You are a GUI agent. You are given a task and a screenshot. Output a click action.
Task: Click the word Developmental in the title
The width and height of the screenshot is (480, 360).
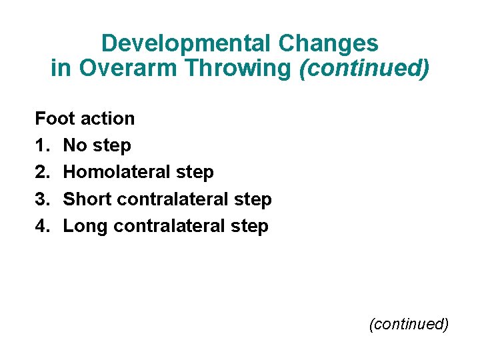pos(183,44)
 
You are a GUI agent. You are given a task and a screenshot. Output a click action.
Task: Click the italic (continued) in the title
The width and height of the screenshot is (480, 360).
pos(364,69)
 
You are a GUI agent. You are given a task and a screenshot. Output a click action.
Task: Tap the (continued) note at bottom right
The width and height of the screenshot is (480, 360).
pos(409,324)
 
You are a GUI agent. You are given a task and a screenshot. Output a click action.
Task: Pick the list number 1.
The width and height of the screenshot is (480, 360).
pos(42,145)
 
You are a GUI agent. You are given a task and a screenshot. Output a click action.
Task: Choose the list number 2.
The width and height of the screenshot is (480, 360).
pos(42,172)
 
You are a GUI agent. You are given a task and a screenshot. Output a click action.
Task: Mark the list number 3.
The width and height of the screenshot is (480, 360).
pos(42,199)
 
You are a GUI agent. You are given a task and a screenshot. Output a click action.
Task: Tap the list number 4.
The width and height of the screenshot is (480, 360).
pos(42,226)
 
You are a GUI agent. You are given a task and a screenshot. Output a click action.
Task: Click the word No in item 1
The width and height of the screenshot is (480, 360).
pos(75,145)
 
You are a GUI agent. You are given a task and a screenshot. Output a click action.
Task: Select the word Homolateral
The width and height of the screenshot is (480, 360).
pos(118,172)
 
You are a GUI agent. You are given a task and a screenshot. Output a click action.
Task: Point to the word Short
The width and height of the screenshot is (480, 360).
pos(87,199)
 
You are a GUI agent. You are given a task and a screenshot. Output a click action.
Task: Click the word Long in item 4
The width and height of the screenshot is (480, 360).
pos(86,226)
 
